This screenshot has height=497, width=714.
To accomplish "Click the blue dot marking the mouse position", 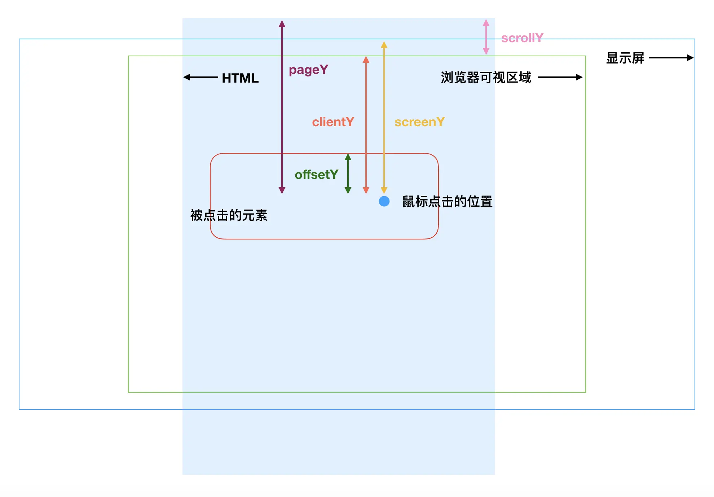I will (384, 201).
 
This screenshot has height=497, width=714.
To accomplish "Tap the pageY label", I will (308, 70).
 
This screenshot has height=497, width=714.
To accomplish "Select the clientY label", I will (333, 122).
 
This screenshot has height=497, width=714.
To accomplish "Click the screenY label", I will (419, 122).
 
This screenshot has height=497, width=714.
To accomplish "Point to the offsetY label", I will (316, 175).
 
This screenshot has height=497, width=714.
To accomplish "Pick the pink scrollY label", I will (522, 38).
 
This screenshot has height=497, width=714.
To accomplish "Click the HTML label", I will (240, 78).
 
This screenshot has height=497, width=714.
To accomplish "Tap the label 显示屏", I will (625, 58).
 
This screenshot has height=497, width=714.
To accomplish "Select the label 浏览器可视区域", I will (486, 78).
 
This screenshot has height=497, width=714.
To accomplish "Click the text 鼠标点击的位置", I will (447, 202).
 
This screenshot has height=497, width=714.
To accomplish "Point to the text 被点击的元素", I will (229, 215).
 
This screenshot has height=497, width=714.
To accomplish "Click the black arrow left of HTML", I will (200, 77).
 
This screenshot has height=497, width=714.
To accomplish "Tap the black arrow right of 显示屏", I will (671, 58).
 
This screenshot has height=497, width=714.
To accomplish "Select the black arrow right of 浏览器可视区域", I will (560, 77).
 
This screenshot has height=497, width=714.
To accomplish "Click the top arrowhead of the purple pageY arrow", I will (282, 24).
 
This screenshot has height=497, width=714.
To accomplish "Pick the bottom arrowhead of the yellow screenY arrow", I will (384, 190).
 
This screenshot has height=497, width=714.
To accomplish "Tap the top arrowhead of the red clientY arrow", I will (366, 60).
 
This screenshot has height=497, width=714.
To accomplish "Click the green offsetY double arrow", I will (348, 173).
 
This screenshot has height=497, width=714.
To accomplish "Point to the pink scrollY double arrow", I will (486, 37).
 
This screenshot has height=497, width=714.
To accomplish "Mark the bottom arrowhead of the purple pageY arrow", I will (282, 190).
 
